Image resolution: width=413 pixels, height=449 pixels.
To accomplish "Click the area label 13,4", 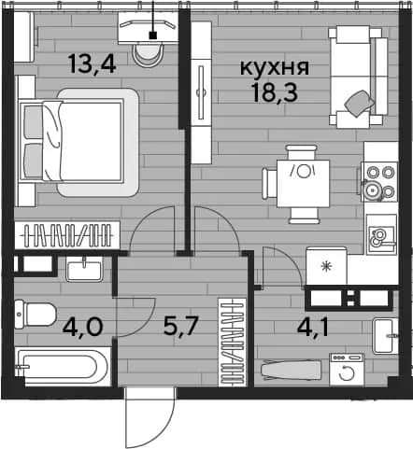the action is click(x=93, y=63).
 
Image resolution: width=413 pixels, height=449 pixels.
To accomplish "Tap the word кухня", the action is click(x=275, y=67).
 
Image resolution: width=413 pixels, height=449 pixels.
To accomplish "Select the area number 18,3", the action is click(x=275, y=92).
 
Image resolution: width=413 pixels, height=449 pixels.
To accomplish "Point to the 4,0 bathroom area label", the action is click(x=82, y=328).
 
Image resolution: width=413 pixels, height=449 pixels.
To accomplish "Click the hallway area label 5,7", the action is click(x=181, y=326).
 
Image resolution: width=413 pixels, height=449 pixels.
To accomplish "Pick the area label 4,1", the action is click(x=313, y=327).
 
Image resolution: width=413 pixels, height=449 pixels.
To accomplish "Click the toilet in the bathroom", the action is click(x=35, y=315).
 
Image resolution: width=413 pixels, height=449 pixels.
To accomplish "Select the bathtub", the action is click(x=63, y=367).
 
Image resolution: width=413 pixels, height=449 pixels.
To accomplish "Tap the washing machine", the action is click(x=347, y=370).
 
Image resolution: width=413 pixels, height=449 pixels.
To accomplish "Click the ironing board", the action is click(x=291, y=371).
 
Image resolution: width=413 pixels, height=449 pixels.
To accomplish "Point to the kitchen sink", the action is click(x=381, y=235).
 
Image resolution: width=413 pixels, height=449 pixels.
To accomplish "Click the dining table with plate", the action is click(x=304, y=183).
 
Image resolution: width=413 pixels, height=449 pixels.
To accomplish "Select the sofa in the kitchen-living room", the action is click(x=358, y=77).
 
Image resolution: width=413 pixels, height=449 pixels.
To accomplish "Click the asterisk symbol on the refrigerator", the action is click(x=326, y=266).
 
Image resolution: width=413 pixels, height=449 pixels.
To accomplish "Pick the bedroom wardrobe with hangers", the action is click(x=67, y=235).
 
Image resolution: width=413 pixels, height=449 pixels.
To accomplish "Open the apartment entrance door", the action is click(x=150, y=417).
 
